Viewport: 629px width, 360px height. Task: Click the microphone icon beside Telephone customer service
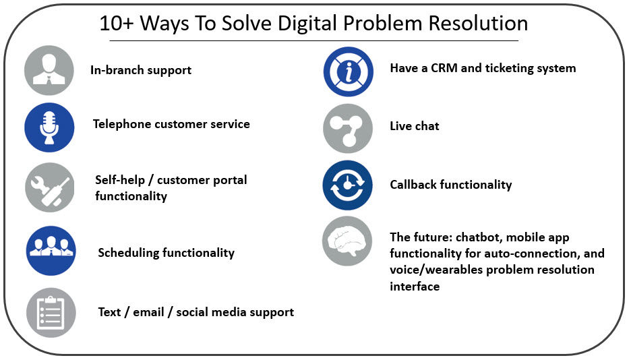tap(49, 127)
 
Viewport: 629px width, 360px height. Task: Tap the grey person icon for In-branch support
tap(49, 70)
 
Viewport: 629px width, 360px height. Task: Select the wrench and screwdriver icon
tap(50, 187)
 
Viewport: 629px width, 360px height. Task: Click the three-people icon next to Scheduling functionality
tap(51, 251)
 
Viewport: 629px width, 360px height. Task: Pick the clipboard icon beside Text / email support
tap(51, 313)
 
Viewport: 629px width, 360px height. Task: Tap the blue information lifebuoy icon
tap(348, 72)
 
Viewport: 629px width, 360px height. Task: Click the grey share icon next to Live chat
tap(348, 129)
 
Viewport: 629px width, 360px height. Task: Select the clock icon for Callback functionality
tap(347, 185)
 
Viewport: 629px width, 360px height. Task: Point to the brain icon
tap(347, 241)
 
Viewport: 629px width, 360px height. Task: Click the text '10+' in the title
tap(117, 24)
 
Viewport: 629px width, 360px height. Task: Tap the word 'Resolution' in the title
tap(478, 24)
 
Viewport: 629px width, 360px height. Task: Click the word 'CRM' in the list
tap(444, 68)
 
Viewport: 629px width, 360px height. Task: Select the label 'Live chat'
tap(415, 126)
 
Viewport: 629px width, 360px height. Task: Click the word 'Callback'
tap(413, 185)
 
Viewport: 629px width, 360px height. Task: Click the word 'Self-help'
tap(120, 180)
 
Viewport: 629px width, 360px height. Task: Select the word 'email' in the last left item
tap(148, 312)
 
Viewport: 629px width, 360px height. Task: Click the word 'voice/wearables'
tap(436, 270)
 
